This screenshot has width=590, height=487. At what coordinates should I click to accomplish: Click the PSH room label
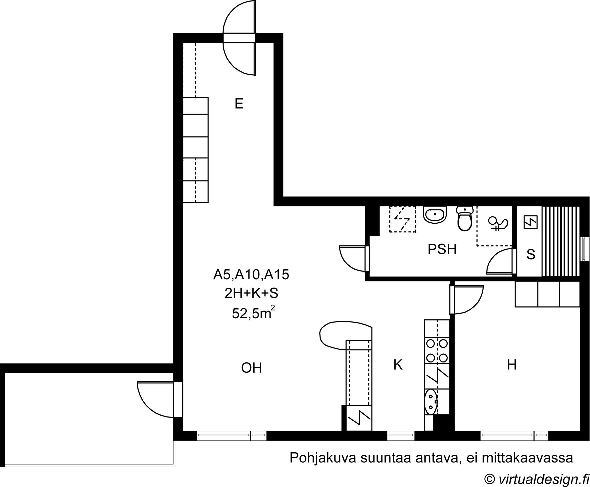click(442, 249)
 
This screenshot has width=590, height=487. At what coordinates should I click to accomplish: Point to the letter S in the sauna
click(531, 254)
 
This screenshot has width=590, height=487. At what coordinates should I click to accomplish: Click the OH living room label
click(252, 368)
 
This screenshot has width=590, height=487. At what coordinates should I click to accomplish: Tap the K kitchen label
click(398, 365)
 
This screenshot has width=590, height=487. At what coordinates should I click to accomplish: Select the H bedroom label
click(512, 365)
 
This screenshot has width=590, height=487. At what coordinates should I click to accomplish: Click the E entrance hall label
click(239, 104)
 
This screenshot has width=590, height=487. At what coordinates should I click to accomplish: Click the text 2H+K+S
click(251, 294)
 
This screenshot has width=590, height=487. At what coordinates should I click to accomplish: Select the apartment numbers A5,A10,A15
click(251, 275)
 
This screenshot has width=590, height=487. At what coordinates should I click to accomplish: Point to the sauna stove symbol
click(531, 222)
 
